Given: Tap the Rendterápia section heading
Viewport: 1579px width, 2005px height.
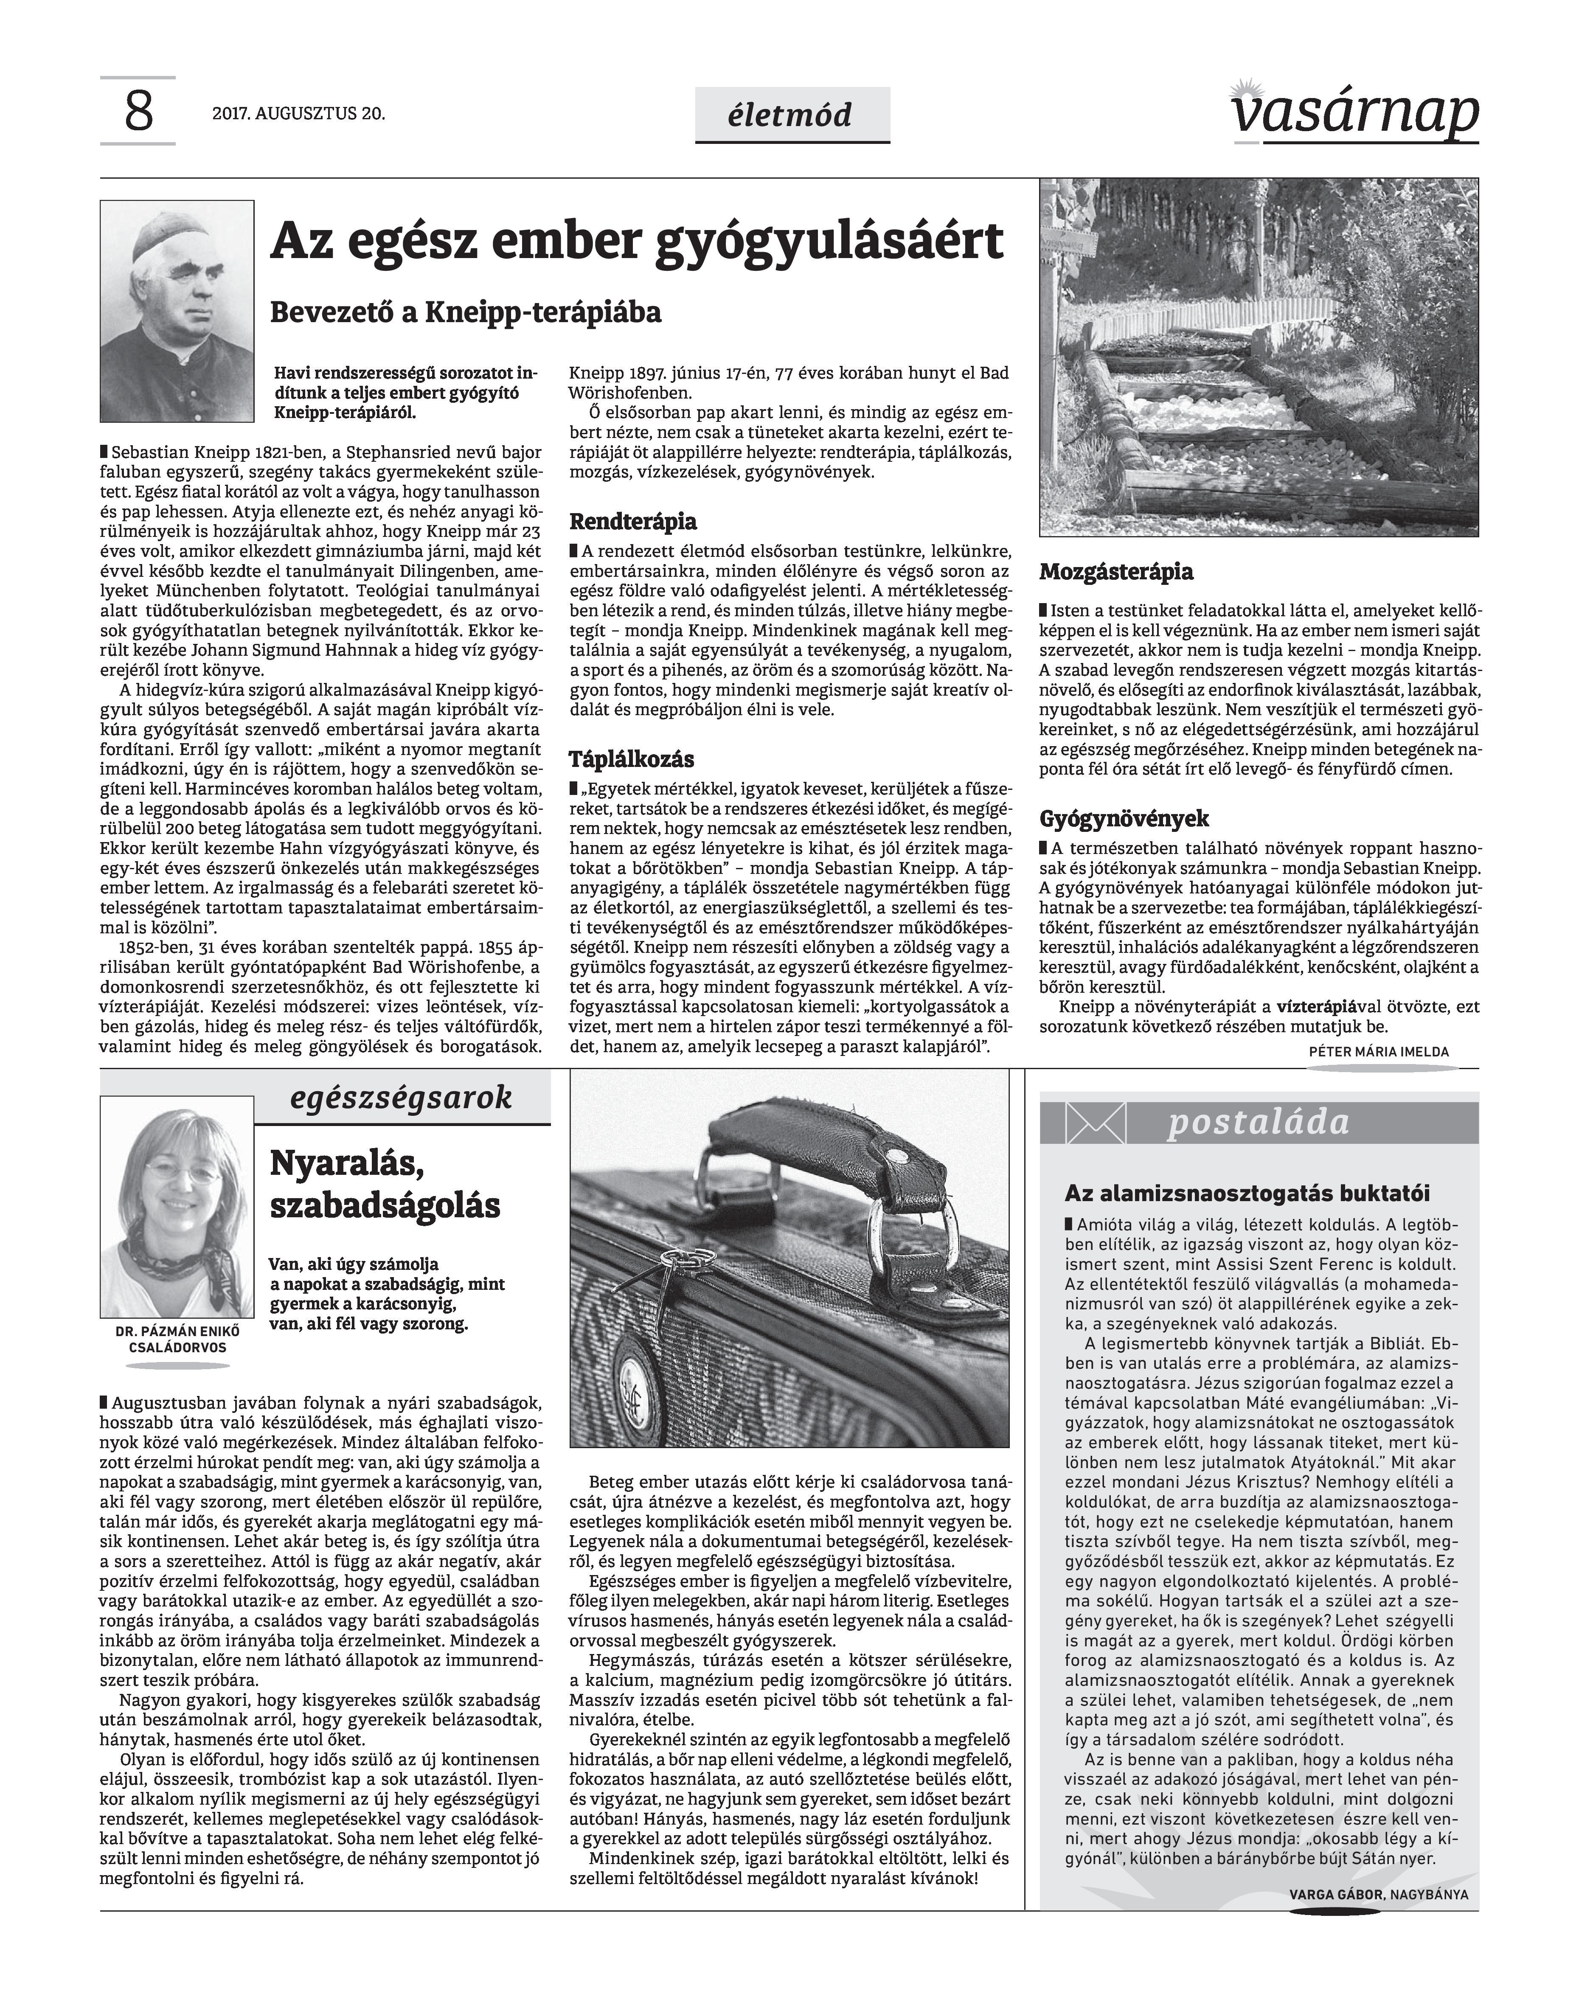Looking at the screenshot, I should coord(633,521).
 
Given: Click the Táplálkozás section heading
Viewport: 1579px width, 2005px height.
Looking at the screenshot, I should coord(632,760).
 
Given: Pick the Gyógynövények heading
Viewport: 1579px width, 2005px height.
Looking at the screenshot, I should coord(1124,819).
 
